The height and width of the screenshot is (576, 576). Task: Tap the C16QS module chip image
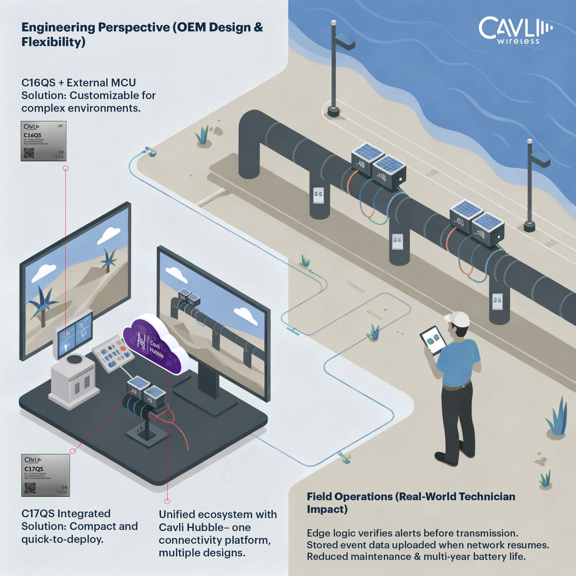coord(43,141)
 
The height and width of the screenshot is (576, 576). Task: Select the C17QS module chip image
coord(46,475)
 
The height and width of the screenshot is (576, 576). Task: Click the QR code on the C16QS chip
coord(29,153)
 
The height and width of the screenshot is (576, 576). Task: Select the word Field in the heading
coord(319,497)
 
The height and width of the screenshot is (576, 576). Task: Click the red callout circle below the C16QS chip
coord(66,168)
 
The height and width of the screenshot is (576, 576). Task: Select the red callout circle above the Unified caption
coord(167,501)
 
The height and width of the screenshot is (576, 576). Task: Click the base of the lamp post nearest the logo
coord(333,112)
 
